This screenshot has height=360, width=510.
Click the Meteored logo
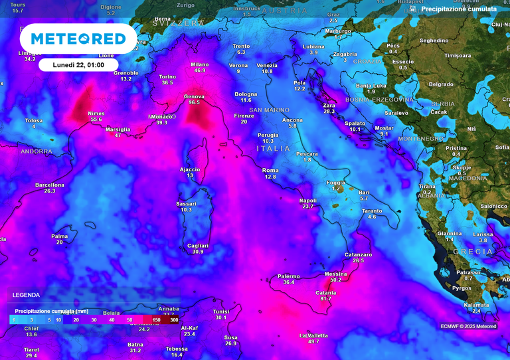point(78,39)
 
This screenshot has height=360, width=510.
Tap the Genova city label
point(194,97)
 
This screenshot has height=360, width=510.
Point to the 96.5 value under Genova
point(194,103)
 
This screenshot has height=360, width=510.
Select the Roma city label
point(270,171)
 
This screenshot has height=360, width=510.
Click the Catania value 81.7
point(325,299)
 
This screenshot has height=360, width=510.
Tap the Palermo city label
point(288,276)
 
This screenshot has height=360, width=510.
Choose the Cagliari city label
point(197,246)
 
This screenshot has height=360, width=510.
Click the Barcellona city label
point(50,185)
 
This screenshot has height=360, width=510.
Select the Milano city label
point(200,64)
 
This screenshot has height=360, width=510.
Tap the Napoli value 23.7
point(307,207)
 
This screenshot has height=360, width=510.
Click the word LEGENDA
point(26,295)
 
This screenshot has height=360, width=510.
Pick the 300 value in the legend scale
point(174,320)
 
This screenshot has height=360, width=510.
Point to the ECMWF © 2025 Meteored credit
point(468,326)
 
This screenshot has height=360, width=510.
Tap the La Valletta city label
point(313,335)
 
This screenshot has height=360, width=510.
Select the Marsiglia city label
point(118,130)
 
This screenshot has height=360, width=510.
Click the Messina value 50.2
point(335,280)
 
